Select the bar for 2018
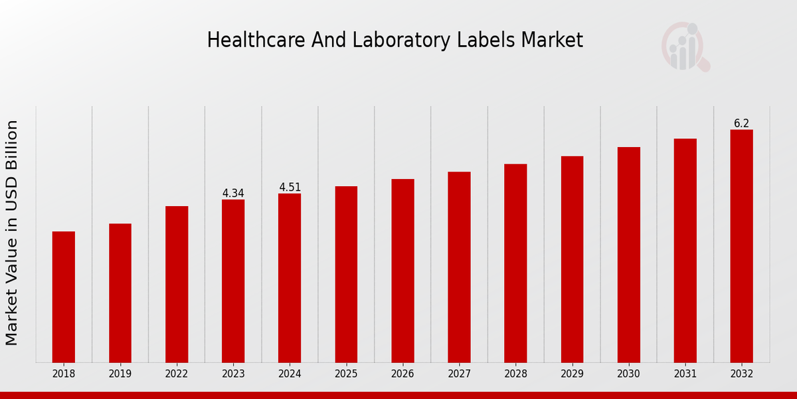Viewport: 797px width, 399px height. (64, 297)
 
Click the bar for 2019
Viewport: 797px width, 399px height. (120, 293)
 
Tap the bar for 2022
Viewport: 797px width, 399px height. (177, 284)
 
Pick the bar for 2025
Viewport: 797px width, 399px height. (346, 274)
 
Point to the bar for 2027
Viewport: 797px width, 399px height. (459, 267)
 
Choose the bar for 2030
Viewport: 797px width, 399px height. (628, 255)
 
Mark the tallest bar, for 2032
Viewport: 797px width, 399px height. (741, 246)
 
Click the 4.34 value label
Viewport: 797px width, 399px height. (233, 194)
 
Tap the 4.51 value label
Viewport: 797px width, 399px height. (290, 188)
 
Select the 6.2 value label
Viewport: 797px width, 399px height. (741, 124)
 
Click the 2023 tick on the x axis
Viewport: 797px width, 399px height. (233, 374)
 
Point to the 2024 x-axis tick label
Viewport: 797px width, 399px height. (290, 374)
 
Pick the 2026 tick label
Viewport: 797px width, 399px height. (402, 374)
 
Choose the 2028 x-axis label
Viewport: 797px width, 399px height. (515, 374)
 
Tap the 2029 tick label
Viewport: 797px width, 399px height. (572, 374)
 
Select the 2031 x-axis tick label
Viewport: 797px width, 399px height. (685, 374)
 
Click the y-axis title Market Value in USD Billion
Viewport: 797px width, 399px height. (12, 233)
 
